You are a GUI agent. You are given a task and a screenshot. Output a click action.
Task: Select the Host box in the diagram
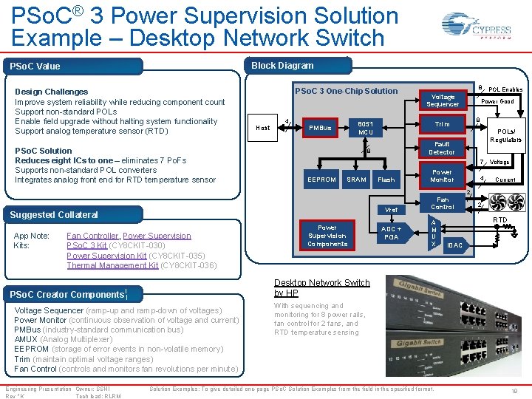pos(263,128)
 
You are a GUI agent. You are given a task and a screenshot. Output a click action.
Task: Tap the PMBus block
pos(320,128)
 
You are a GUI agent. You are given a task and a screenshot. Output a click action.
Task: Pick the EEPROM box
pos(321,180)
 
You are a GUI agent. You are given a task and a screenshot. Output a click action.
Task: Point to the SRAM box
pos(357,180)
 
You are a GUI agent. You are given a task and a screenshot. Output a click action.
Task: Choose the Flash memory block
pos(386,180)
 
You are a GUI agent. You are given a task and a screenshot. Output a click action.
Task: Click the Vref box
pos(392,210)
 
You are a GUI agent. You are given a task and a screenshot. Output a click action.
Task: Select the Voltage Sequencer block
pos(443,100)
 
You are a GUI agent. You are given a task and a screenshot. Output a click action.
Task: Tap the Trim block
pos(443,124)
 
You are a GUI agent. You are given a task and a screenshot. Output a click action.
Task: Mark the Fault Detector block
pos(443,148)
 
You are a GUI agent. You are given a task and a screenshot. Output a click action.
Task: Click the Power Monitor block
pos(443,175)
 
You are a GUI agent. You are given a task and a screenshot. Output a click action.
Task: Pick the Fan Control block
pos(443,203)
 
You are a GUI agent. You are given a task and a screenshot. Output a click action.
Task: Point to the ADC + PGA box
pos(392,233)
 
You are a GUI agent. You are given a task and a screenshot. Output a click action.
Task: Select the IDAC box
pos(455,245)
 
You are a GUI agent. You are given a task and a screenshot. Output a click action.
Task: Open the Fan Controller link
pos(92,236)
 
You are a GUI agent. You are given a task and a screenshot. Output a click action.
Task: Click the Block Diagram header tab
pos(282,66)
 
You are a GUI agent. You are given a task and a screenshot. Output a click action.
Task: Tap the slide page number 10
pos(514,390)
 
